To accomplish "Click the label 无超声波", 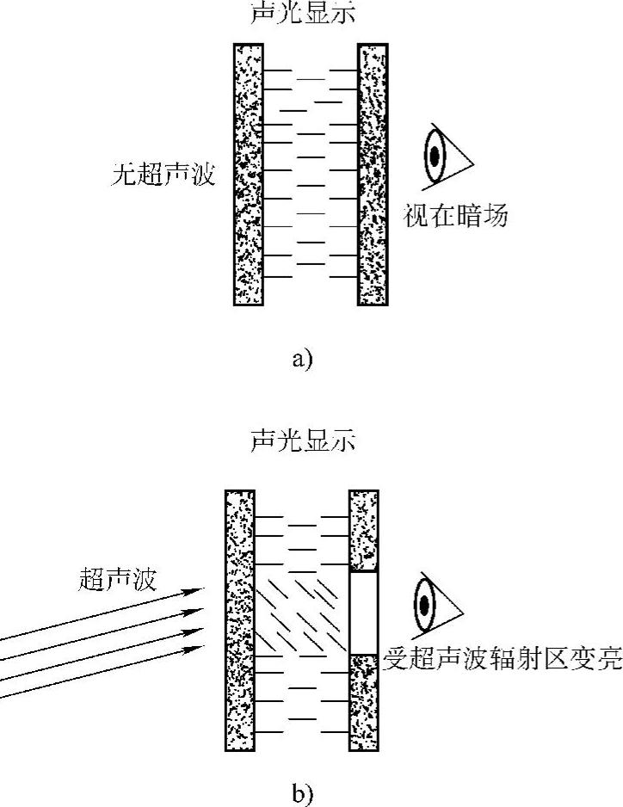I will (x=163, y=176).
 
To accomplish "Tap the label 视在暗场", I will (x=455, y=216).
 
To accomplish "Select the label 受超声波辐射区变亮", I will (x=503, y=661).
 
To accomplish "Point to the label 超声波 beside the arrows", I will (x=117, y=579).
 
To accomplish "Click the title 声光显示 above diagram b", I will (x=302, y=441).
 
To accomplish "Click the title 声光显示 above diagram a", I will (x=302, y=11).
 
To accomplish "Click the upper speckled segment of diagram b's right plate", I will (x=363, y=530).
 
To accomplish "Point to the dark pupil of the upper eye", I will (x=435, y=156).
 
